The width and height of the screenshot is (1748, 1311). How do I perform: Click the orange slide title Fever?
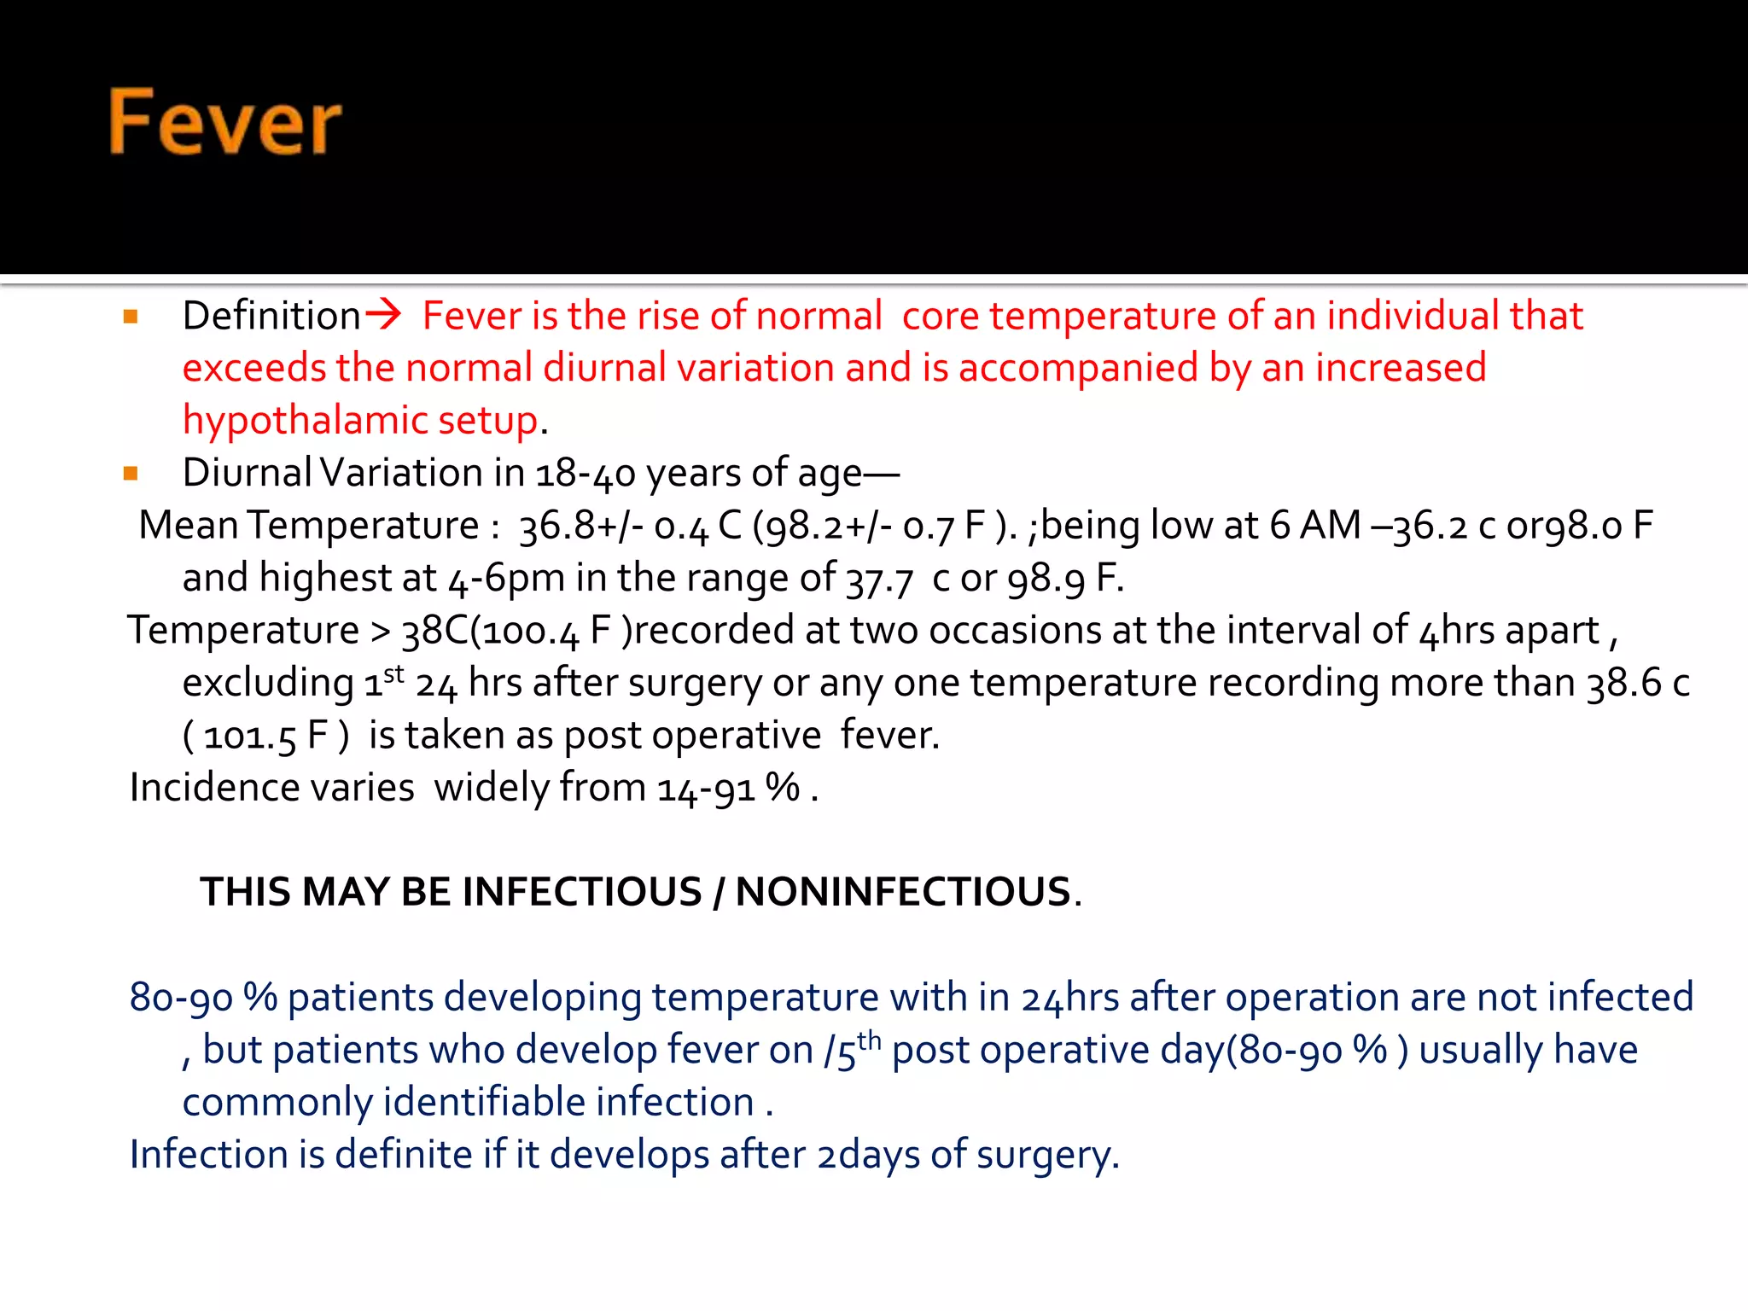click(x=224, y=123)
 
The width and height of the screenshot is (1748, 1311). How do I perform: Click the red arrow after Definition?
click(x=383, y=314)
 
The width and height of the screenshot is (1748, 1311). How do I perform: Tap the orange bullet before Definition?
click(x=131, y=317)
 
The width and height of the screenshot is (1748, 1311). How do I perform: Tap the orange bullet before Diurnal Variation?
click(x=131, y=474)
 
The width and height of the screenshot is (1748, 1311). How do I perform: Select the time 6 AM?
click(x=1314, y=525)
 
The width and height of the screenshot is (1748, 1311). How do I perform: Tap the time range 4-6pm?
click(x=506, y=579)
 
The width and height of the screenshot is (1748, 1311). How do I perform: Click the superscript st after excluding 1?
click(x=393, y=674)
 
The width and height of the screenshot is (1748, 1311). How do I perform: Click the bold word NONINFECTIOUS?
click(x=903, y=892)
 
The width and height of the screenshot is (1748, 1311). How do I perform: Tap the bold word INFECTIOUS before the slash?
click(x=581, y=892)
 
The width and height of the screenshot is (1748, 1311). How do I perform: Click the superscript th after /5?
click(x=869, y=1040)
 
